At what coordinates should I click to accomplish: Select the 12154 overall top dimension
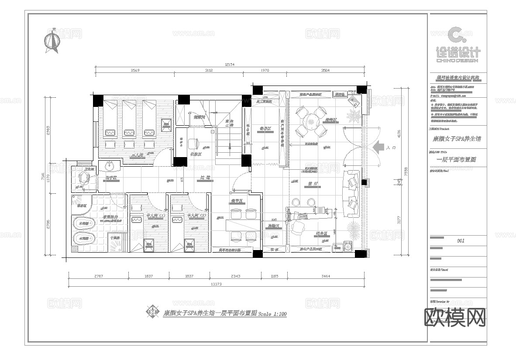click(x=230, y=65)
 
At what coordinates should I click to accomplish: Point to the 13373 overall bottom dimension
click(x=217, y=284)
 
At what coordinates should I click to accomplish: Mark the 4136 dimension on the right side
click(x=398, y=133)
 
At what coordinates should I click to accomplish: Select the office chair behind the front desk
click(x=299, y=227)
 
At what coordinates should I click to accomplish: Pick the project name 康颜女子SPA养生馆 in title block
click(x=457, y=139)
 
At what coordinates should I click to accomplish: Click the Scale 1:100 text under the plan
click(x=272, y=314)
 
